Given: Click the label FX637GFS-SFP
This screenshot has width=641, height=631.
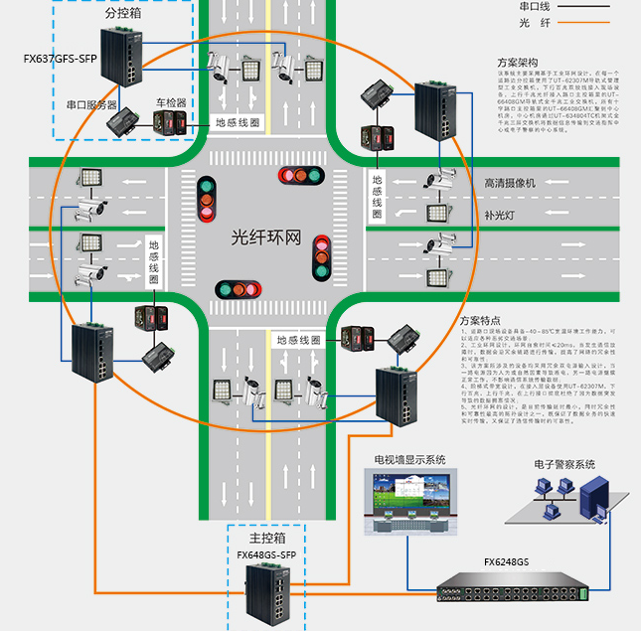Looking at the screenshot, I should tap(59, 59).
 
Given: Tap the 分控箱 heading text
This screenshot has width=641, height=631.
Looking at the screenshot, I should tap(124, 15).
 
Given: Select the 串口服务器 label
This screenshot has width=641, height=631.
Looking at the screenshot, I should tap(91, 103).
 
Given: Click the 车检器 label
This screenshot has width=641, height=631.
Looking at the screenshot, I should tap(170, 102).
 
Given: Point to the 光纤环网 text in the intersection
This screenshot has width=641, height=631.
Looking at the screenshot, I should tap(265, 237).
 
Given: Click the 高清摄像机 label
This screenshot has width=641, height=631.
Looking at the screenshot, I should tap(510, 184).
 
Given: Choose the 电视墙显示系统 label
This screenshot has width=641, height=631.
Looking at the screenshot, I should tap(409, 460).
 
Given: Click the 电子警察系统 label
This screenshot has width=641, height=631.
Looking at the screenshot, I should tap(563, 464).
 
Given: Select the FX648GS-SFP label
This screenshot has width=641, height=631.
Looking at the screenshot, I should tap(266, 554).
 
